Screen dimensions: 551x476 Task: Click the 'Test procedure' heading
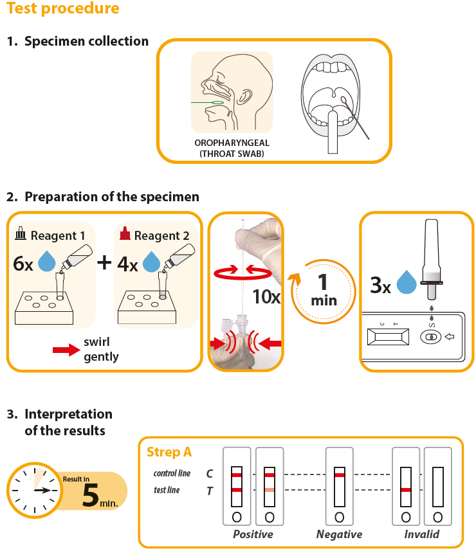pos(63,9)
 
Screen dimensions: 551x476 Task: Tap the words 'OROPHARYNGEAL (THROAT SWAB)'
pos(232,148)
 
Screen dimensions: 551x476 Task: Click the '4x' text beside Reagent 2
pos(128,264)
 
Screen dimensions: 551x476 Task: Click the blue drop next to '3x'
pos(406,283)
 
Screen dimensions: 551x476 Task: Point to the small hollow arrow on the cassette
pos(449,335)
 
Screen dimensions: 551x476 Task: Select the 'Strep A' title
pos(169,453)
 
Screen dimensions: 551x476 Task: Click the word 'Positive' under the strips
pos(253,534)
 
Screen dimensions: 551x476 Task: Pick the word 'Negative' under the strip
pos(339,534)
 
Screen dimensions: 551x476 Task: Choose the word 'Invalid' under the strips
pos(422,534)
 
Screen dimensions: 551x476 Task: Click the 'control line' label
pos(172,474)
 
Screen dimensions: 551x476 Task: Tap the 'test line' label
pos(167,490)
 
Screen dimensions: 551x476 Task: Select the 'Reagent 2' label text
pos(161,236)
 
